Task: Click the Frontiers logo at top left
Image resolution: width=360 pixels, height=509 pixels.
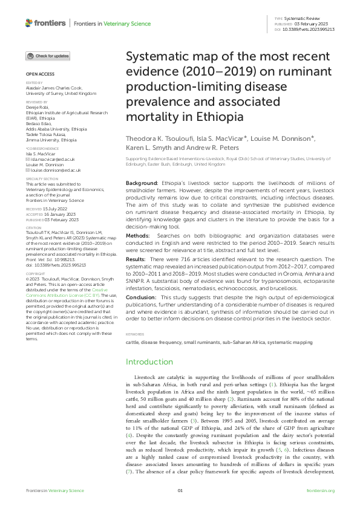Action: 46,23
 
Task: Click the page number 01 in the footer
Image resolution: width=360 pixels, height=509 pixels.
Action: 180,490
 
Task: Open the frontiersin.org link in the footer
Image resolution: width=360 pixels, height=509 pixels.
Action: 321,490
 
